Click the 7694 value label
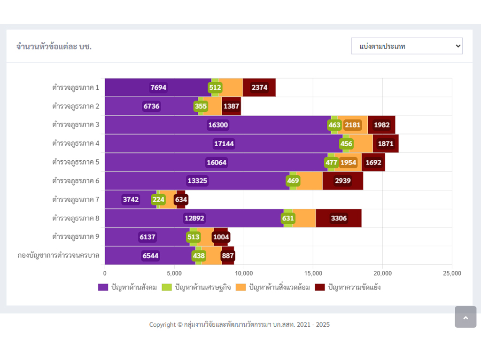(x=158, y=87)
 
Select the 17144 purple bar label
(x=224, y=143)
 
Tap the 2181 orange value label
(x=352, y=125)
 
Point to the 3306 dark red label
(x=339, y=218)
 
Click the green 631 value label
(x=288, y=218)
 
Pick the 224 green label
(x=158, y=199)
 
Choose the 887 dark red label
(x=228, y=256)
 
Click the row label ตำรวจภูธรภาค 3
(x=76, y=125)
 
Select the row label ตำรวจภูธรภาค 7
(x=76, y=199)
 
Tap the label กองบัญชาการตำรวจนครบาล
(x=58, y=255)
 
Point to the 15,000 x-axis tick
(x=313, y=273)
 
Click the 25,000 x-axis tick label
(x=452, y=273)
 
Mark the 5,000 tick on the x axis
(x=174, y=273)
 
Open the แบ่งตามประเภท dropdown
(x=407, y=46)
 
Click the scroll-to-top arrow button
(x=465, y=317)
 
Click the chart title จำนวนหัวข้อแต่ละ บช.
(x=54, y=47)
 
